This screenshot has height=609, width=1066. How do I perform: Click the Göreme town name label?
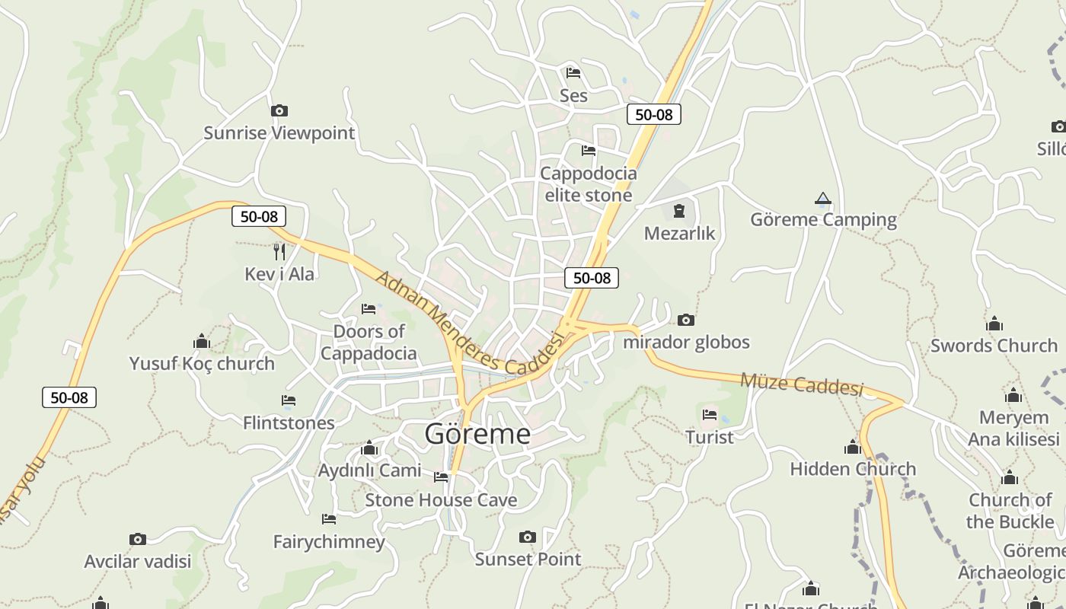pyautogui.click(x=477, y=434)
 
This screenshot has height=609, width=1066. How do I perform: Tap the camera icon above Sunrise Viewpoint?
pyautogui.click(x=279, y=111)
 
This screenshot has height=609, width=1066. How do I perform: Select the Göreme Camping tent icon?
pyautogui.click(x=822, y=199)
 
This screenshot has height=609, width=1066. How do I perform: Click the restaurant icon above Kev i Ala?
pyautogui.click(x=279, y=251)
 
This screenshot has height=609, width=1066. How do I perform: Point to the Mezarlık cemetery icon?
pyautogui.click(x=679, y=211)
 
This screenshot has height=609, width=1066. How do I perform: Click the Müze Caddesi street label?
pyautogui.click(x=802, y=384)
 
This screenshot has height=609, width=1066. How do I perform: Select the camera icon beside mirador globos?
pyautogui.click(x=686, y=320)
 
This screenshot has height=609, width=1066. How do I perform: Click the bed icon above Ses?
pyautogui.click(x=573, y=73)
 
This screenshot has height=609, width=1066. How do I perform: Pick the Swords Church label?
pyautogui.click(x=994, y=346)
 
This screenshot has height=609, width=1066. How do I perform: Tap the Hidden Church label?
pyautogui.click(x=853, y=469)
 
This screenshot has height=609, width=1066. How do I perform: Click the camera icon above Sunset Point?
pyautogui.click(x=527, y=537)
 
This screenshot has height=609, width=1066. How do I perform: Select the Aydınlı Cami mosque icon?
pyautogui.click(x=369, y=448)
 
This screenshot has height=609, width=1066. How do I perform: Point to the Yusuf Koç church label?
pyautogui.click(x=202, y=364)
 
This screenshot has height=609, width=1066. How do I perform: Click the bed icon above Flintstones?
pyautogui.click(x=289, y=400)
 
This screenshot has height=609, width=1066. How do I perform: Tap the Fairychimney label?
pyautogui.click(x=329, y=542)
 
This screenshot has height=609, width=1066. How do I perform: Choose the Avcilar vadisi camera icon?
pyautogui.click(x=138, y=540)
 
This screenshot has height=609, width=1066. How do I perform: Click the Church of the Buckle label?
pyautogui.click(x=1010, y=511)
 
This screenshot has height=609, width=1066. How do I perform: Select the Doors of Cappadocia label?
pyautogui.click(x=369, y=343)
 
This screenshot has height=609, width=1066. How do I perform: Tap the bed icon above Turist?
pyautogui.click(x=710, y=415)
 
